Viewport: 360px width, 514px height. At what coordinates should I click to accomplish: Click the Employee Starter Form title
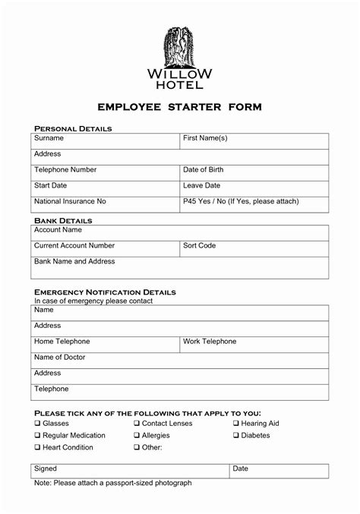click(179, 108)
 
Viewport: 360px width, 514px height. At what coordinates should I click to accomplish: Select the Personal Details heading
click(73, 129)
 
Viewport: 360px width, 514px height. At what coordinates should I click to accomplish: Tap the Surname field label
click(49, 138)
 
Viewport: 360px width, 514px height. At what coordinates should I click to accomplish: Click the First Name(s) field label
click(205, 138)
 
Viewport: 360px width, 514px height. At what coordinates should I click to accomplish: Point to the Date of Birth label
click(203, 169)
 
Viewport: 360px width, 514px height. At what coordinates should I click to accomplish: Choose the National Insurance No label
click(70, 201)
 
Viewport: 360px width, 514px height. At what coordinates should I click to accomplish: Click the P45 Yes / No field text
click(241, 201)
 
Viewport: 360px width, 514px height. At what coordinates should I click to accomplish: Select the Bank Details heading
click(63, 220)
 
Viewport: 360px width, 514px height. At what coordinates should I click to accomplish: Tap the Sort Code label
click(200, 245)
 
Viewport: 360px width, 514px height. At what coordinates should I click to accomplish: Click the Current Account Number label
click(74, 245)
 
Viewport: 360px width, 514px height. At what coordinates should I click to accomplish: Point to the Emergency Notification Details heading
click(105, 292)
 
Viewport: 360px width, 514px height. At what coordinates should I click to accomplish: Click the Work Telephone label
click(210, 341)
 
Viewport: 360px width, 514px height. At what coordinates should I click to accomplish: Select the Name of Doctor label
click(60, 357)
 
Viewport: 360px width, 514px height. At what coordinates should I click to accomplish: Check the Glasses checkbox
click(37, 424)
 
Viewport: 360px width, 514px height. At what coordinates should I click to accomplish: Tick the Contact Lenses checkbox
click(137, 424)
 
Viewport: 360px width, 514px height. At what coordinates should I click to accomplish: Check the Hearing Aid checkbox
click(236, 424)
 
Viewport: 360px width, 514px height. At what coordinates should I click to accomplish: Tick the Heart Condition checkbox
click(37, 448)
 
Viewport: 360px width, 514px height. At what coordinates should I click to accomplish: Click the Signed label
click(46, 469)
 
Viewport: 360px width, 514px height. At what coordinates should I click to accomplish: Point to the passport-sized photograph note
click(113, 483)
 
